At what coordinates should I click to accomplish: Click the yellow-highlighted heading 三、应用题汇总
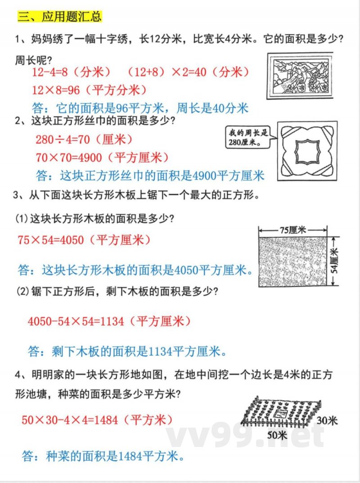(59, 17)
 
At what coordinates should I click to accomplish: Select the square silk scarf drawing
(307, 150)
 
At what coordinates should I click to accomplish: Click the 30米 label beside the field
(327, 420)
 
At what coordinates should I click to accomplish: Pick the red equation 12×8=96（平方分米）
(90, 90)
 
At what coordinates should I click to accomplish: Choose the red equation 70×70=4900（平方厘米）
(102, 157)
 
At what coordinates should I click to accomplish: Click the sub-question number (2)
(22, 292)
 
